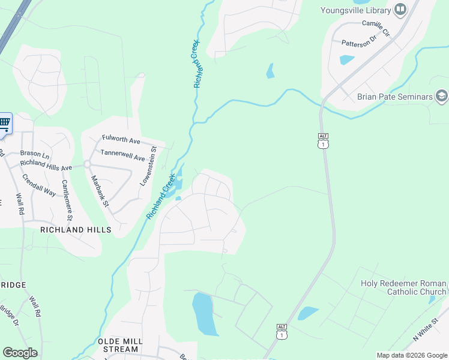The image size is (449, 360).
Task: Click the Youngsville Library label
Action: coord(354,10)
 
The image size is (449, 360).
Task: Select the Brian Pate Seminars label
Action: coord(394,97)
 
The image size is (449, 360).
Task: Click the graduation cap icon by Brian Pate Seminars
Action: coord(442,96)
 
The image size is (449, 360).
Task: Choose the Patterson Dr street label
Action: coord(358,43)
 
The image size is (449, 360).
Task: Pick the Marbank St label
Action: coord(99,191)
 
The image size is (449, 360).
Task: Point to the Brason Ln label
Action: coord(34,154)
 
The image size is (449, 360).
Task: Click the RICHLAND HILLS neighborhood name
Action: coord(76,230)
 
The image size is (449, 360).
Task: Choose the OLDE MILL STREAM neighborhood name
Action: coord(120,344)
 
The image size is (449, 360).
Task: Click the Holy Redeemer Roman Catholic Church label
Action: coord(403,287)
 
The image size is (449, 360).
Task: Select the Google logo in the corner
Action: coord(20,353)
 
